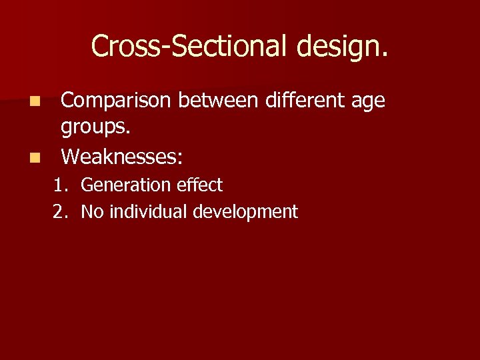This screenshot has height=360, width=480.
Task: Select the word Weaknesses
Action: click(x=119, y=157)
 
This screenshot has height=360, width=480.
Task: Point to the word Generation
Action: click(x=123, y=185)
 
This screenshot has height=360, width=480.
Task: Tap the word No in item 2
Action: click(x=93, y=213)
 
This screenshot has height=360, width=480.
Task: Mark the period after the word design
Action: click(x=383, y=55)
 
